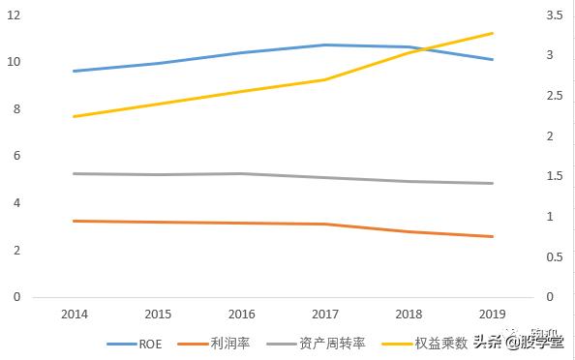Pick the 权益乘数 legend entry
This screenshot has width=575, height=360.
(441, 343)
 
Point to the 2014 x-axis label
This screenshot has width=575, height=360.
(74, 315)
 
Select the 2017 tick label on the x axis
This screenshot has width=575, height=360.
(324, 315)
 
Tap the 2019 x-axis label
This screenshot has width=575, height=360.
(492, 315)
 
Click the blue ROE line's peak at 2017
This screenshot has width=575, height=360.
(324, 45)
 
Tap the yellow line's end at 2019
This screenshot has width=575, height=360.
(493, 33)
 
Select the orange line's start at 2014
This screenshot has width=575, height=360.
(75, 221)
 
